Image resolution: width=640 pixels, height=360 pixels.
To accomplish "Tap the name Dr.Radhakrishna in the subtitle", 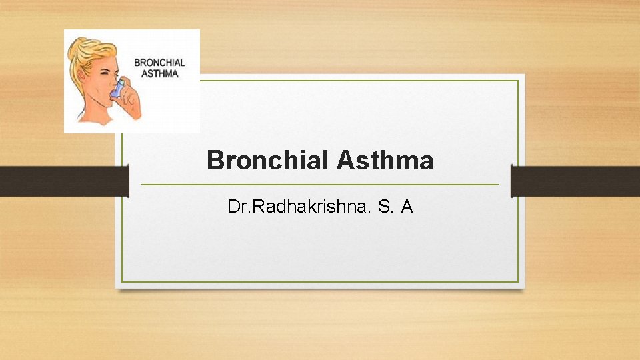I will pyautogui.click(x=298, y=207).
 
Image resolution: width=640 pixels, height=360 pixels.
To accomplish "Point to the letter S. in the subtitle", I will pyautogui.click(x=386, y=207).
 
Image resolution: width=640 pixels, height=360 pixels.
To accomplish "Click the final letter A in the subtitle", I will pyautogui.click(x=407, y=207).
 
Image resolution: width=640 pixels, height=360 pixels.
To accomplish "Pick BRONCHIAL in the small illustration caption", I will pyautogui.click(x=159, y=63).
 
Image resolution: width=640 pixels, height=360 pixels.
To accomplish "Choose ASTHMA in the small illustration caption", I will pyautogui.click(x=159, y=73).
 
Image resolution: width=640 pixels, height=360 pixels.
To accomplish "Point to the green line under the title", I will pyautogui.click(x=320, y=184).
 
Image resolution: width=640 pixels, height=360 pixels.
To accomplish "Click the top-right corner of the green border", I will pyautogui.click(x=518, y=81).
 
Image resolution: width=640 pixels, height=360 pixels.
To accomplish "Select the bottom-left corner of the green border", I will pyautogui.click(x=122, y=281).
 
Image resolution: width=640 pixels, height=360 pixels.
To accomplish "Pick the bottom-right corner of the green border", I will pyautogui.click(x=518, y=281).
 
